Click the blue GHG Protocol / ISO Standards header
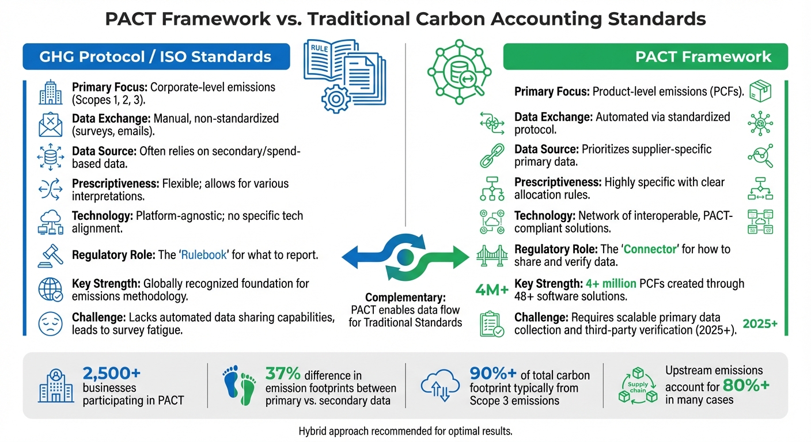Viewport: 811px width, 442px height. [156, 56]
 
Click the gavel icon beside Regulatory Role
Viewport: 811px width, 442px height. [50, 254]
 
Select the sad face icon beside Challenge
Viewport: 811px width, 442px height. [50, 323]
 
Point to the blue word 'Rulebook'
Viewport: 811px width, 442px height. [204, 254]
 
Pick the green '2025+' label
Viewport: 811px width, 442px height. [760, 323]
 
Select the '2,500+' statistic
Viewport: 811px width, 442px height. [112, 372]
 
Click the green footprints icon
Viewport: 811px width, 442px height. [240, 385]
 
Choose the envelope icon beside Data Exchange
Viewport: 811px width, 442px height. [50, 124]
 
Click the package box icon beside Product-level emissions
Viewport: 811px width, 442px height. [760, 92]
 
